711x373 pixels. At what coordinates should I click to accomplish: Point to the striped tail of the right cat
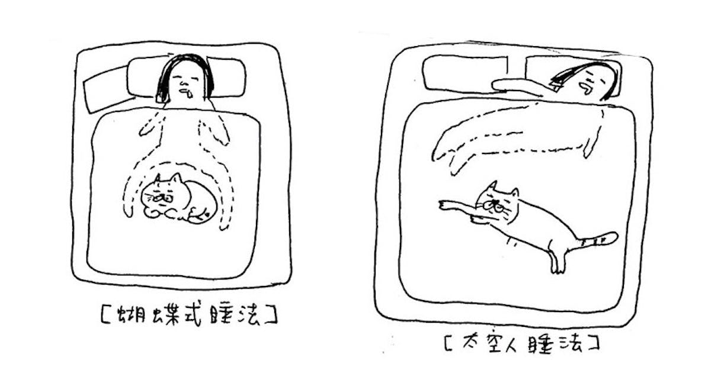click(x=597, y=240)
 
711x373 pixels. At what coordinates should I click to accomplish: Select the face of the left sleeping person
click(x=185, y=82)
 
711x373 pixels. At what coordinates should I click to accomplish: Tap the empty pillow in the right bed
click(x=465, y=73)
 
